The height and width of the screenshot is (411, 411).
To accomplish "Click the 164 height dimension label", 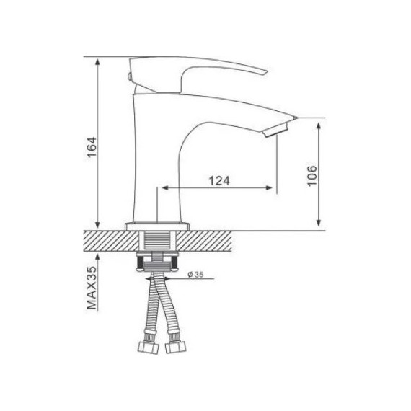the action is pos(92,147).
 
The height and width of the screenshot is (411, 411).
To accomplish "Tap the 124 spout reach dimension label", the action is pos(219,180).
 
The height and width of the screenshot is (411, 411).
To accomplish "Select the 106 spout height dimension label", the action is pos(312,176).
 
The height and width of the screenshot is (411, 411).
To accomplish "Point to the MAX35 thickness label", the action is pos(92,288).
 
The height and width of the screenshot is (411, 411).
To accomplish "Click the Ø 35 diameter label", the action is pos(195,275).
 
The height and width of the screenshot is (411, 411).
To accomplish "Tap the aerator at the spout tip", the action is pos(275,131).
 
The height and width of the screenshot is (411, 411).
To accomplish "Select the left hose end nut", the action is pos(149,348).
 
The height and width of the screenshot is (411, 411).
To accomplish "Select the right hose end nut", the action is pos(176,348).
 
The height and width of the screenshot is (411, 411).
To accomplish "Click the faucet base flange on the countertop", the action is pos(157,226).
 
